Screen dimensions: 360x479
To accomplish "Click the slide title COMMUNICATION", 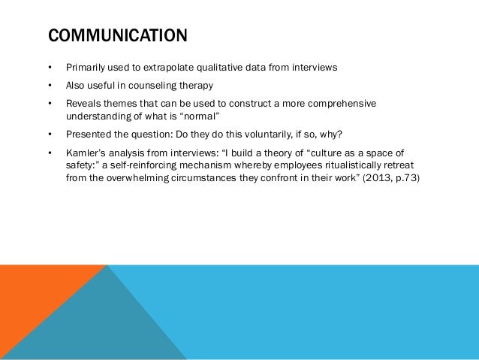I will (117, 35).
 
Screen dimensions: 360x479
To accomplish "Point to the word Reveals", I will (83, 102).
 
